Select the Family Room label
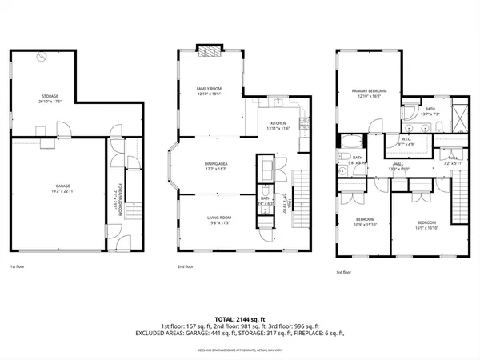pyautogui.click(x=210, y=90)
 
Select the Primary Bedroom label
pyautogui.click(x=366, y=93)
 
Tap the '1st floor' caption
pyautogui.click(x=17, y=266)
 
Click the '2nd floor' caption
pyautogui.click(x=186, y=266)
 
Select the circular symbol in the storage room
pyautogui.click(x=43, y=57)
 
